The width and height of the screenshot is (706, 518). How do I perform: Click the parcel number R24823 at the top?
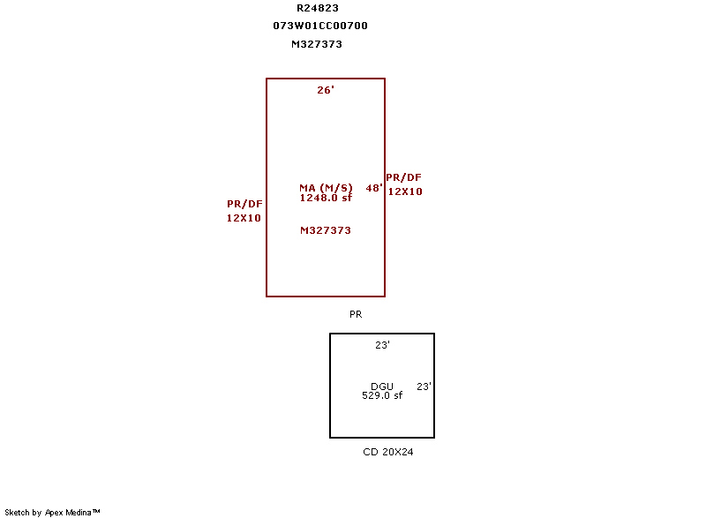318,8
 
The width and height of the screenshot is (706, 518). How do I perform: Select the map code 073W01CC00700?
320,26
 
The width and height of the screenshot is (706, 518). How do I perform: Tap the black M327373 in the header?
317,44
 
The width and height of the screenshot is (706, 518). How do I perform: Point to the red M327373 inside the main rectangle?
326,230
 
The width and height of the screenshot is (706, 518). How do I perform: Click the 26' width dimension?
326,90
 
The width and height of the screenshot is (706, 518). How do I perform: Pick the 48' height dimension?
374,188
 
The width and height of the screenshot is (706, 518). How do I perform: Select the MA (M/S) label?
326,188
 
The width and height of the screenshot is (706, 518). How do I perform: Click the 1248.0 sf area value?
326,198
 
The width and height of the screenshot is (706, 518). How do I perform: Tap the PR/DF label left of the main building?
244,204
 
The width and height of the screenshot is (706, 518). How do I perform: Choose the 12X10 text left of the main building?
244,218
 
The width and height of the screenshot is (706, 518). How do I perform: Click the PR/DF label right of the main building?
403,177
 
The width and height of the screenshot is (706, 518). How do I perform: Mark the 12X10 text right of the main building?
405,191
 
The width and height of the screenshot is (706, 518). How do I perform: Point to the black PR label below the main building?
356,314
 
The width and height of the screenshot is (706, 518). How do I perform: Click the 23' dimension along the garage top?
382,345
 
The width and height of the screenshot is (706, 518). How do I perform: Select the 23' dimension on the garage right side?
424,387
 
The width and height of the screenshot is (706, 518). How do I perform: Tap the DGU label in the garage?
382,387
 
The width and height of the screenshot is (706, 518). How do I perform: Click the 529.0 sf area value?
382,395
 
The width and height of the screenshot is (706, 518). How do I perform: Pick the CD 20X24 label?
388,452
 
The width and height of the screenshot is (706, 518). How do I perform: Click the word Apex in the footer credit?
54,513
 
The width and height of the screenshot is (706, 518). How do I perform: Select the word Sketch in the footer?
17,512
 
